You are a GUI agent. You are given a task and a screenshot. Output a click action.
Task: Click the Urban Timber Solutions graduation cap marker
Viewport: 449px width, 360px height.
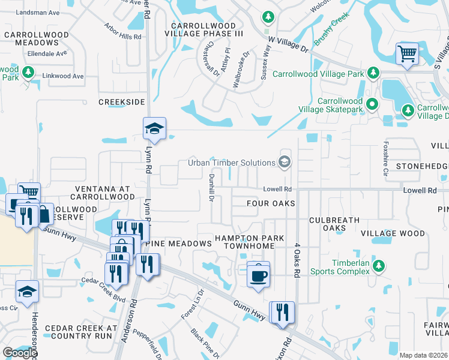click(x=284, y=161)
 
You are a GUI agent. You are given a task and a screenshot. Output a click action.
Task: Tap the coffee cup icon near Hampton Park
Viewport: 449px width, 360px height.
click(x=259, y=275)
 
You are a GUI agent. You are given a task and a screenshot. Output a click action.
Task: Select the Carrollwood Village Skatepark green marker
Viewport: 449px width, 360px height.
click(x=372, y=104)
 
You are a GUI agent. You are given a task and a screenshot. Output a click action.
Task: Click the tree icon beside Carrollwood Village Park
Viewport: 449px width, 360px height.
click(x=373, y=73)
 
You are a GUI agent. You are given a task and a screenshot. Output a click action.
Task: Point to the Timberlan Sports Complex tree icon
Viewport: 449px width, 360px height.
click(x=378, y=266)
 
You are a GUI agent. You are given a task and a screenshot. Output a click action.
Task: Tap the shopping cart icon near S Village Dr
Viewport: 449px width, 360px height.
click(x=408, y=54)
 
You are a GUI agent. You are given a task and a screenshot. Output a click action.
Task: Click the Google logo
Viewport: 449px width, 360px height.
click(x=20, y=353)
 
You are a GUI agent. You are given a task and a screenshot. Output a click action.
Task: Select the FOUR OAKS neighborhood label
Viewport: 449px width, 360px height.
click(x=271, y=204)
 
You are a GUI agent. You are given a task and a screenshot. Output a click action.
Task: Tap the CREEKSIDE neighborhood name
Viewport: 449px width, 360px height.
click(x=122, y=103)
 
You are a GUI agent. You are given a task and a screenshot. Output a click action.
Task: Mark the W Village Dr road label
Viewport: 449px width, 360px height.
click(x=288, y=44)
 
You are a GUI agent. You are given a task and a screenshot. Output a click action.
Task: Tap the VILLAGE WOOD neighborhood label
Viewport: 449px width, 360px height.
click(x=393, y=233)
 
